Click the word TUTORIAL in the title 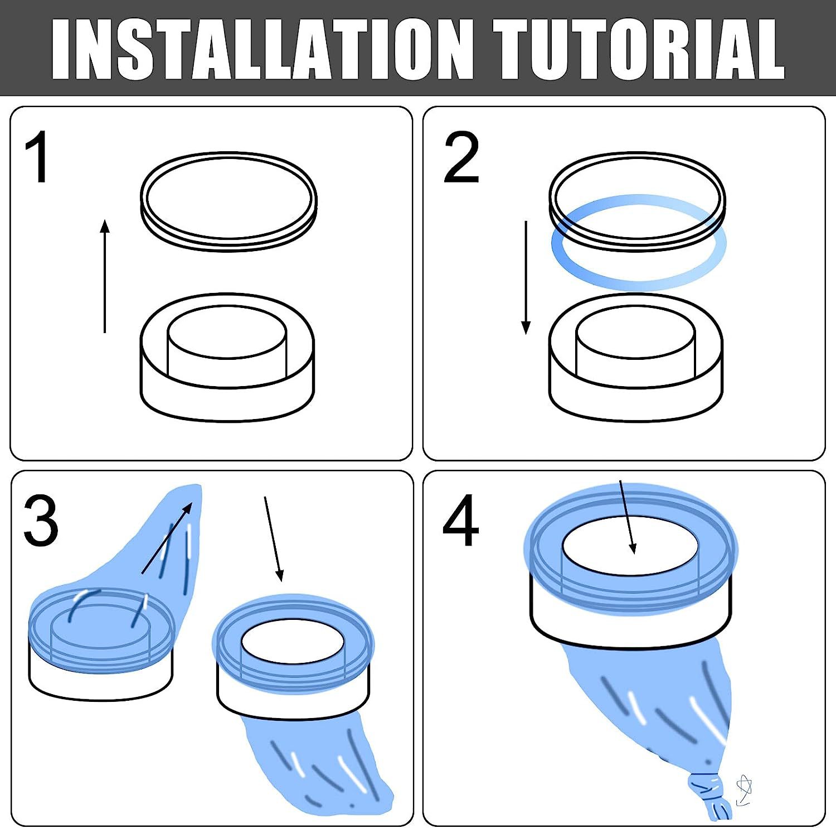(639, 49)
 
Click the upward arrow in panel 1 (105, 276)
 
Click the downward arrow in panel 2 (526, 277)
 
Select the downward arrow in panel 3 (274, 539)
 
